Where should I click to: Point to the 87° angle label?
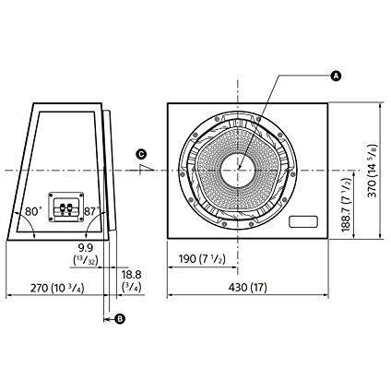[x=92, y=211]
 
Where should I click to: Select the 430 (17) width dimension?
[x=248, y=287]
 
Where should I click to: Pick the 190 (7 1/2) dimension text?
[x=199, y=259]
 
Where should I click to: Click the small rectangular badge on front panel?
[x=302, y=222]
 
